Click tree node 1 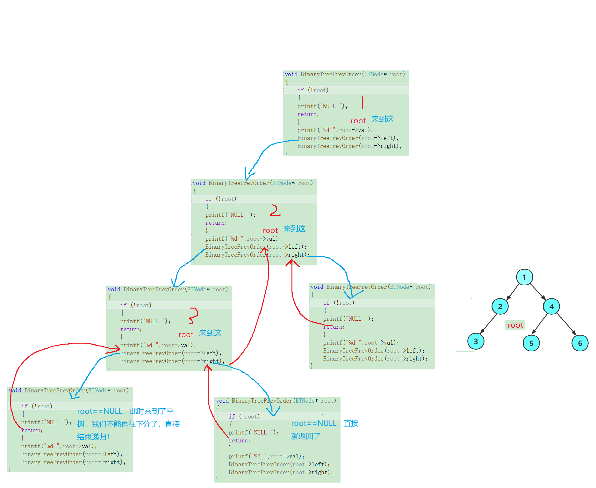click(524, 277)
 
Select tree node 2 click(500, 306)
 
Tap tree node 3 click(476, 341)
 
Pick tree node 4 click(551, 306)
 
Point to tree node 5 click(531, 343)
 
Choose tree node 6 click(580, 343)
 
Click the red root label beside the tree click(515, 325)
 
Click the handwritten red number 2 click(275, 210)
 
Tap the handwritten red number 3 click(193, 316)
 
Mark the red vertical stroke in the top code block click(362, 102)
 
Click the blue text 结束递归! click(93, 437)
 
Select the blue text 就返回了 click(305, 436)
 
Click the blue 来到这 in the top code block click(382, 119)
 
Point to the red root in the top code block click(358, 121)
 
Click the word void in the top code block click(291, 74)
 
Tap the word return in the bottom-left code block click(32, 430)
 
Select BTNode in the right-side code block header click(399, 287)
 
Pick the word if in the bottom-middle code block click(232, 417)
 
